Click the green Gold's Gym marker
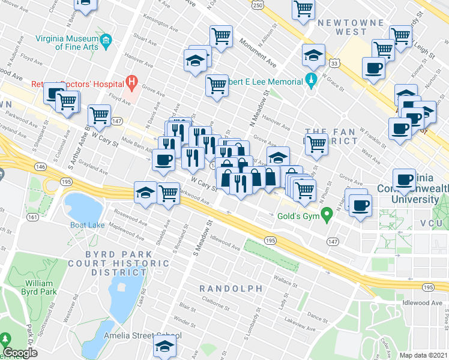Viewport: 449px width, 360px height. click(x=327, y=214)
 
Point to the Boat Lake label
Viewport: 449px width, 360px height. click(x=87, y=226)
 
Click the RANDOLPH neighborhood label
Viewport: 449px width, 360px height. click(x=231, y=289)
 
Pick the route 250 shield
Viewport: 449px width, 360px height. click(x=257, y=5)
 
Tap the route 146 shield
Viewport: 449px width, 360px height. click(x=40, y=166)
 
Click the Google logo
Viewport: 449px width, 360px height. click(x=20, y=352)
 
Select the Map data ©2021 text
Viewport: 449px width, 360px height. click(x=424, y=355)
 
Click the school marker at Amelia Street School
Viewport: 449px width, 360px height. click(x=164, y=345)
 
